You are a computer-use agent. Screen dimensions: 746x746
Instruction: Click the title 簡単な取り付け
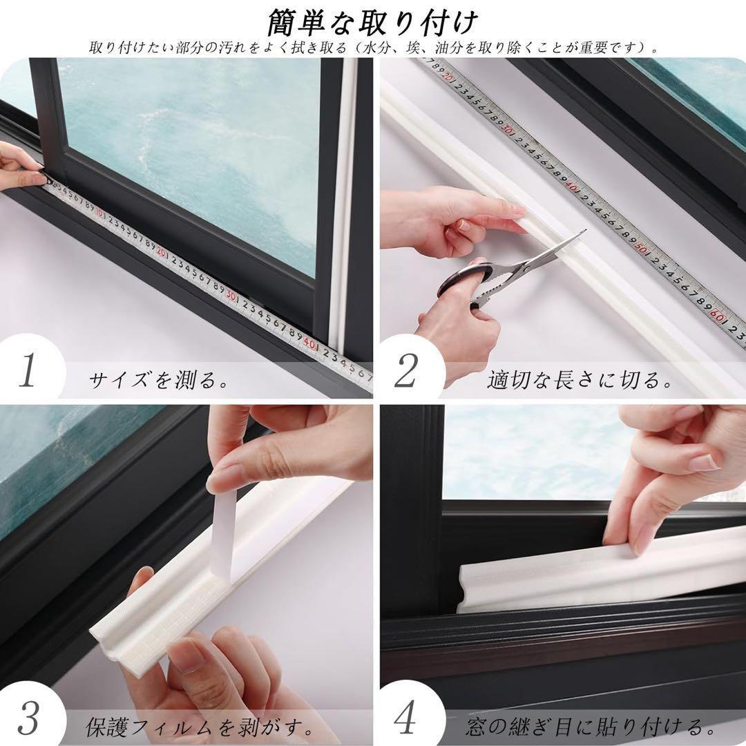(x=372, y=22)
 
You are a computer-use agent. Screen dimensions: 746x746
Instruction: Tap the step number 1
(x=28, y=370)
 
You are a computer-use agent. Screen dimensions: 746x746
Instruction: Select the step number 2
(x=406, y=371)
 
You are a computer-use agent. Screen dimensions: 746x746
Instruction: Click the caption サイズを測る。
(x=158, y=380)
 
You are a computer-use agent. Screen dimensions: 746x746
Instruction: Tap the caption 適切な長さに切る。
(x=579, y=380)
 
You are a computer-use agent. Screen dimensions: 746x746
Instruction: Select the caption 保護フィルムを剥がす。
(x=198, y=727)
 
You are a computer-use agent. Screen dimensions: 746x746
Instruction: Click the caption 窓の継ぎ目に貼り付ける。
(x=590, y=727)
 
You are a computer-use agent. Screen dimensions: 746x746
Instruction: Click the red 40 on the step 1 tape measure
(x=309, y=343)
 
